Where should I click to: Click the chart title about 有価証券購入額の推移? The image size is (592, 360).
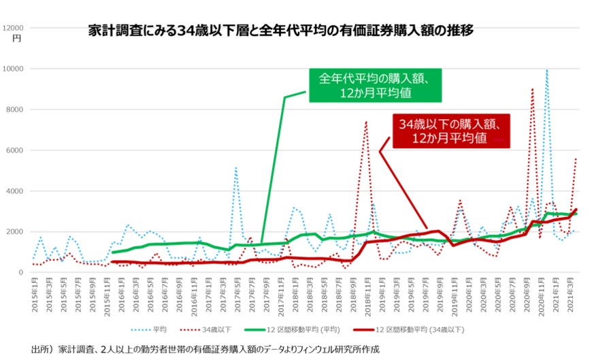click(280, 31)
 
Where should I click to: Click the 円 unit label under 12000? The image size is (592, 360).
click(17, 39)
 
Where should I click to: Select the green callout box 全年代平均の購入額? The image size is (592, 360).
click(373, 85)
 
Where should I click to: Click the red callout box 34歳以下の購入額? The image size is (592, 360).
click(451, 131)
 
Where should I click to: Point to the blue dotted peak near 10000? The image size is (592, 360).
click(546, 70)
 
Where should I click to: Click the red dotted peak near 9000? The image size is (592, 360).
click(532, 89)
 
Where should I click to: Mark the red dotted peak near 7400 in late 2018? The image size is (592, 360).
click(365, 122)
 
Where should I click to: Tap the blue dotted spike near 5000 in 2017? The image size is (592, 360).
click(235, 167)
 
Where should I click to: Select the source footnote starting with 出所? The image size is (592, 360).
click(204, 350)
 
